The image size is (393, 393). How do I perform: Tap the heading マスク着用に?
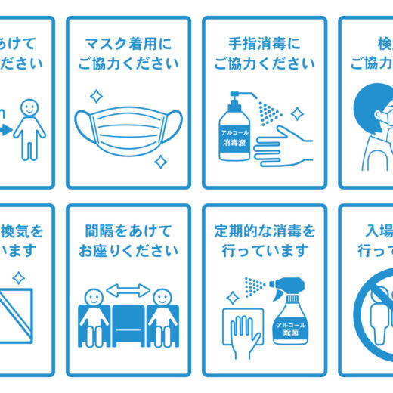point(128,42)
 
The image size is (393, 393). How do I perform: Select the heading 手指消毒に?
point(264,42)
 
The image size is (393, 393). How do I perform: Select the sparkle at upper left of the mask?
point(96,96)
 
